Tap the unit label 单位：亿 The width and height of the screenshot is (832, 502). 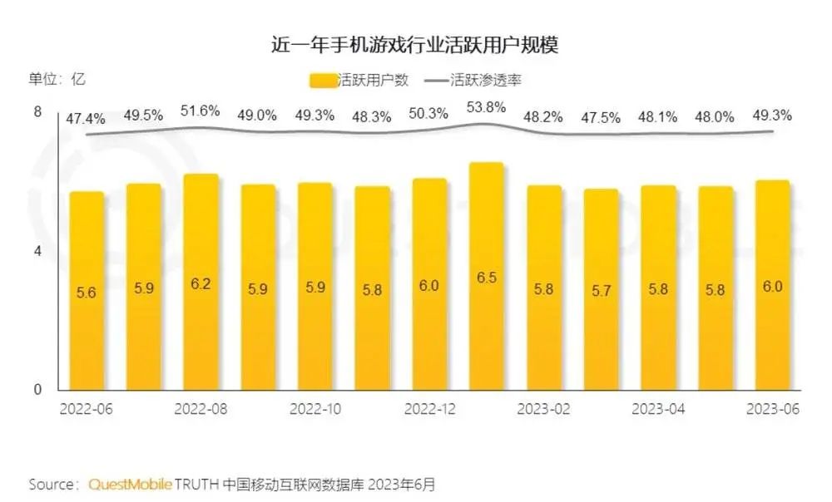pos(57,80)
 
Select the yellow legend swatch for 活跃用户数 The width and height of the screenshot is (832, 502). pos(323,81)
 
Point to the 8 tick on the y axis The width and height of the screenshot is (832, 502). pos(37,112)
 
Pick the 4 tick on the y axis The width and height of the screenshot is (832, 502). pos(37,251)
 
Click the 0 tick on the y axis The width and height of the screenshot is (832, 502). pos(37,389)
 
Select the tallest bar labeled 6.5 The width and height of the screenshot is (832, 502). pos(487,276)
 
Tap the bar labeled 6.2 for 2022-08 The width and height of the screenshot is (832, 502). pos(201,282)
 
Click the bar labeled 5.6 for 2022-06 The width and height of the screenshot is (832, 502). pos(87,291)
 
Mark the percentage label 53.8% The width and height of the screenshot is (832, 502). pos(486,107)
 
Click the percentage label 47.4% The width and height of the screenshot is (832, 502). pos(86,119)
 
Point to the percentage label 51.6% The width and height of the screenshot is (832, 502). pos(201,111)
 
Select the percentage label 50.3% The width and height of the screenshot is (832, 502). pos(428,114)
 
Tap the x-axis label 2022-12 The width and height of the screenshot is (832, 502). pos(429,409)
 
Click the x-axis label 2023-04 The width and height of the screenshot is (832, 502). pos(658,409)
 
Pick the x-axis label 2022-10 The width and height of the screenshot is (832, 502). pos(315,409)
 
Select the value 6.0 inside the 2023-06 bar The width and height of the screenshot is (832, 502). pos(772,287)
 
